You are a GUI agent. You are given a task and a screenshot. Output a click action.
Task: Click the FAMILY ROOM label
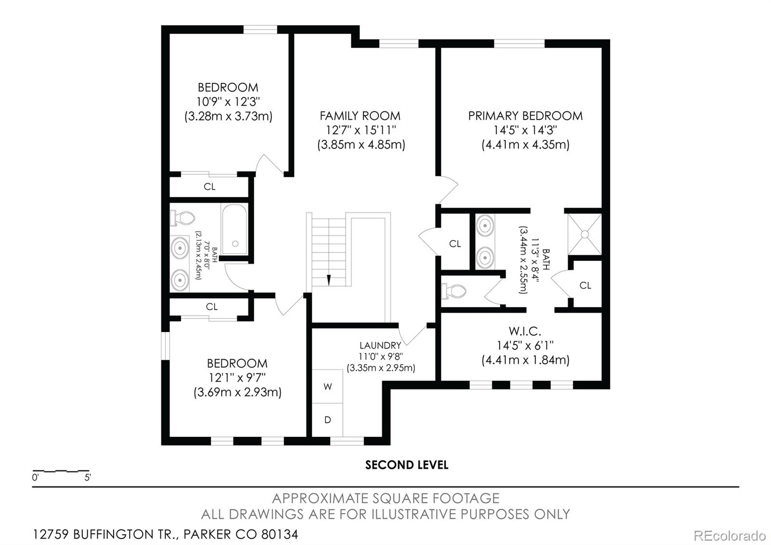360,116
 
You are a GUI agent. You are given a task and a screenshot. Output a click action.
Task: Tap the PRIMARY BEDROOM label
525,116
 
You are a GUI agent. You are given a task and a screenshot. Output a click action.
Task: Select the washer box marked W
328,387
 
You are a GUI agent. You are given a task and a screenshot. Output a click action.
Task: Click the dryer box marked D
328,420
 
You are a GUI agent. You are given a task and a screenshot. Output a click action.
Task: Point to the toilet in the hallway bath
183,218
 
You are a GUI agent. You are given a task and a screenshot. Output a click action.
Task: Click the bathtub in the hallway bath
235,229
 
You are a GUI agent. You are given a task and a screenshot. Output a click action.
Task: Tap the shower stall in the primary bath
585,234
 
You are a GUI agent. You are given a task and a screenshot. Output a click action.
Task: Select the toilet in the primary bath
454,291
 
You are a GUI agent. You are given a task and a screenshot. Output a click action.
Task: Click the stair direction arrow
329,280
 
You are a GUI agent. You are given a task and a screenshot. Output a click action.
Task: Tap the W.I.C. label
525,331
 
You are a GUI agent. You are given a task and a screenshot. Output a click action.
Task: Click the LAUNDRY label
380,345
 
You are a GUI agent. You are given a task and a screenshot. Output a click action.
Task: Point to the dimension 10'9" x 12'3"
228,102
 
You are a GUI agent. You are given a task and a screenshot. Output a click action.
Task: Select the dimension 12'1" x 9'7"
237,378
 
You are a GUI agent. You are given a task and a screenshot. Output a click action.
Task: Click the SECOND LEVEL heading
407,465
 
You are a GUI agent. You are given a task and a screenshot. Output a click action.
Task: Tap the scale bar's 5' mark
88,478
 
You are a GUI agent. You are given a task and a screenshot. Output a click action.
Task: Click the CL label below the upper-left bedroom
210,187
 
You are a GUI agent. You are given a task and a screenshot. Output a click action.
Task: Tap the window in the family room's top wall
399,43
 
